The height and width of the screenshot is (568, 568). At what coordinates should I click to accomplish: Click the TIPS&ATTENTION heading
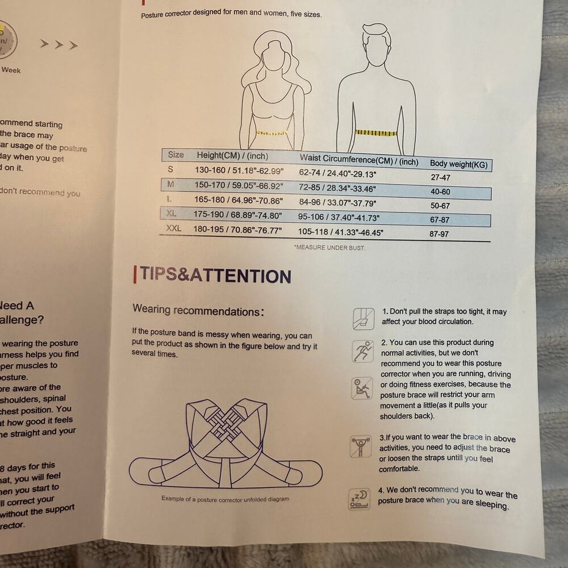(x=215, y=275)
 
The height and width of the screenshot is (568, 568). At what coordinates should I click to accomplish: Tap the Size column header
(x=176, y=154)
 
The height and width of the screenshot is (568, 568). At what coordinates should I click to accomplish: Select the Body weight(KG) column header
(x=458, y=164)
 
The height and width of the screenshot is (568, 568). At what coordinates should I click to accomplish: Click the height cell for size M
(x=238, y=185)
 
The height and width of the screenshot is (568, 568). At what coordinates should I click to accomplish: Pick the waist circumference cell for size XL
(x=339, y=217)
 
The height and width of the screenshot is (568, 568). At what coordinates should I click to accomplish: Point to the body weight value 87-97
(x=439, y=234)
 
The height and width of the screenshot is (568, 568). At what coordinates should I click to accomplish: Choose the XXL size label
(x=173, y=228)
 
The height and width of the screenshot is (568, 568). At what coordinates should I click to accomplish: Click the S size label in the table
(x=170, y=169)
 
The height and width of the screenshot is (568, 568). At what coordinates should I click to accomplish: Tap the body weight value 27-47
(x=440, y=177)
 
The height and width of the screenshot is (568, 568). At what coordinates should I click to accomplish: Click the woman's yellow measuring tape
(x=272, y=133)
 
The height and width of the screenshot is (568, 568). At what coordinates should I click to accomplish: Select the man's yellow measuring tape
(x=375, y=133)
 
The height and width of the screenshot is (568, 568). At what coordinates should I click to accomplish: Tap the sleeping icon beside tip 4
(x=359, y=498)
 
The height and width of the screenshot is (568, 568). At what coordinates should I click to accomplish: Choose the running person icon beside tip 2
(x=362, y=351)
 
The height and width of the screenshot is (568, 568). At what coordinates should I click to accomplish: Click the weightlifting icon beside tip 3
(x=361, y=446)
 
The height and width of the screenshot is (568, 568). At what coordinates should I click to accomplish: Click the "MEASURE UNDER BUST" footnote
(x=329, y=248)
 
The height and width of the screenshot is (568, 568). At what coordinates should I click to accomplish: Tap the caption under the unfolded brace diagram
(x=225, y=499)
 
